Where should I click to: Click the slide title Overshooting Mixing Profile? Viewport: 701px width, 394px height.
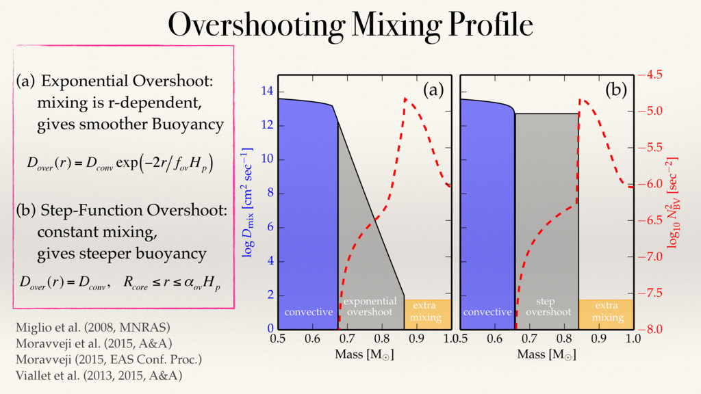(350, 25)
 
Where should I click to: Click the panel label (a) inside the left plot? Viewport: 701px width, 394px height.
(433, 90)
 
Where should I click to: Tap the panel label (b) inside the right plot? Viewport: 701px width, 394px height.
(615, 90)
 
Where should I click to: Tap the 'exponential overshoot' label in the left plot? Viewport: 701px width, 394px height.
(370, 306)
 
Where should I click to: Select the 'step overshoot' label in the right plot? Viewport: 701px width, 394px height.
(546, 306)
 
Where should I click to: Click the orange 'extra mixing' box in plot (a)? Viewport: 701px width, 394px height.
(427, 312)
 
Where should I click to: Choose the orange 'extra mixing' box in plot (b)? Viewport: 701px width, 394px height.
(607, 312)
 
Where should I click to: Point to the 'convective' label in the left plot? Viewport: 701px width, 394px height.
(308, 312)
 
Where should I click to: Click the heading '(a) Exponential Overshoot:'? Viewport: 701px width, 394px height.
(114, 81)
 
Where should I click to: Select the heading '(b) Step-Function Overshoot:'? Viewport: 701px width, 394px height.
(121, 210)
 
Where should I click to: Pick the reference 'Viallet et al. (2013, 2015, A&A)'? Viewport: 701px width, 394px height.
(99, 376)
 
